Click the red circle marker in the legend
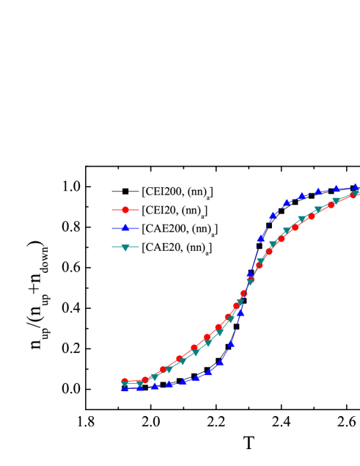[125, 210]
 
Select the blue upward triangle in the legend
[125, 228]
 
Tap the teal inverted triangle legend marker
[125, 247]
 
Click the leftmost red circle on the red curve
[125, 382]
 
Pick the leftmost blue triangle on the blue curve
[125, 387]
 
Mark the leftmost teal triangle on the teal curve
[125, 385]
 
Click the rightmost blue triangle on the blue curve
[356, 187]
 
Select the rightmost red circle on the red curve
[353, 194]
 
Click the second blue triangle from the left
[140, 387]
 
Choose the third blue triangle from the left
[155, 385]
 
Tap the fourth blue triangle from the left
[169, 383]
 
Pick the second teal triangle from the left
[140, 384]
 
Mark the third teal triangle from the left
[155, 376]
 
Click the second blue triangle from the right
[336, 189]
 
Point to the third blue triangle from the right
[319, 191]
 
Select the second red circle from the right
[331, 204]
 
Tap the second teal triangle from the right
[336, 200]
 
